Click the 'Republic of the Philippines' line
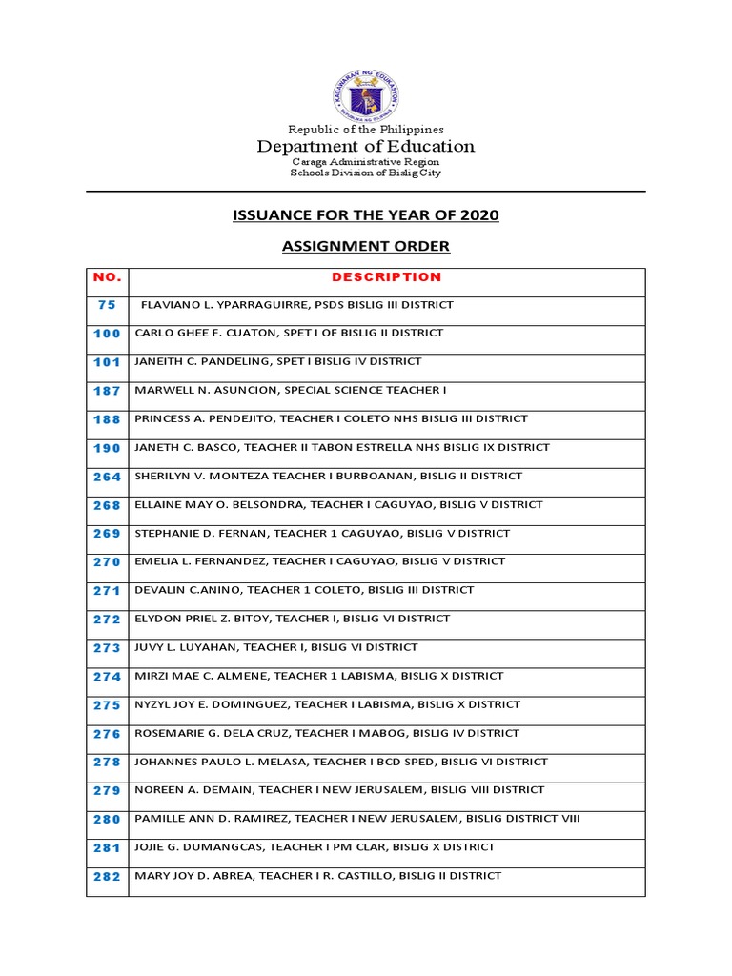point(366,130)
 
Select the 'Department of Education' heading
point(366,147)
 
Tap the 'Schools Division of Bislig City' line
point(366,173)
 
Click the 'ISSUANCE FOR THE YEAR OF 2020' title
point(366,215)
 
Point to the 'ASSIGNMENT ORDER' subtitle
point(366,247)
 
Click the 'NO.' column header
point(107,277)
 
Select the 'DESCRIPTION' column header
point(386,277)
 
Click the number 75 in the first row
point(107,305)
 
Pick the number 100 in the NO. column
point(107,334)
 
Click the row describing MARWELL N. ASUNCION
point(291,390)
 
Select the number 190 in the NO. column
point(107,448)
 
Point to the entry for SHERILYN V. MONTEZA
point(329,476)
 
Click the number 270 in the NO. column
point(107,562)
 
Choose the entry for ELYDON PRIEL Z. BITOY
point(293,619)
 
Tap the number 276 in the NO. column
point(107,734)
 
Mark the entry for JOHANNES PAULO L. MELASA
point(341,762)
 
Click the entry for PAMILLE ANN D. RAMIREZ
point(357,819)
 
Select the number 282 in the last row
point(107,877)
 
